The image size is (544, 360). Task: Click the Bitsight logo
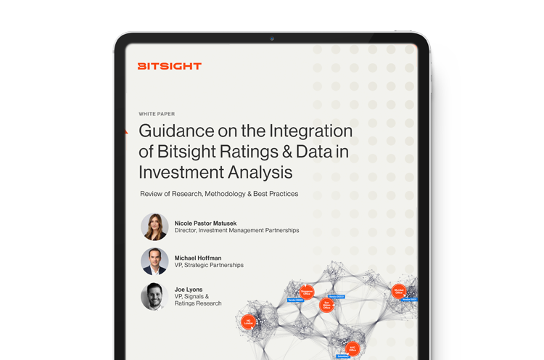[169, 66]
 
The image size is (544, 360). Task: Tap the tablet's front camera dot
[272, 38]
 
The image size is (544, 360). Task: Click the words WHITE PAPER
[157, 114]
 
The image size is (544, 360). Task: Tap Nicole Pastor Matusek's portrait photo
[154, 226]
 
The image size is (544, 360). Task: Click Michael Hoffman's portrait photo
[154, 261]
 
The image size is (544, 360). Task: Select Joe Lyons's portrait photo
[154, 296]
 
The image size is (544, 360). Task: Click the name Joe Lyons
[189, 290]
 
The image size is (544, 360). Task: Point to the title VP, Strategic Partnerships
[209, 266]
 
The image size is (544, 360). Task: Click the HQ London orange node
[247, 322]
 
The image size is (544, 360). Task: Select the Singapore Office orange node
[307, 291]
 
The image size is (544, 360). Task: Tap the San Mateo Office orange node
[326, 306]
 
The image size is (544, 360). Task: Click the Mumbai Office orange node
[398, 291]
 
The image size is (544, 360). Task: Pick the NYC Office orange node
[352, 349]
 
